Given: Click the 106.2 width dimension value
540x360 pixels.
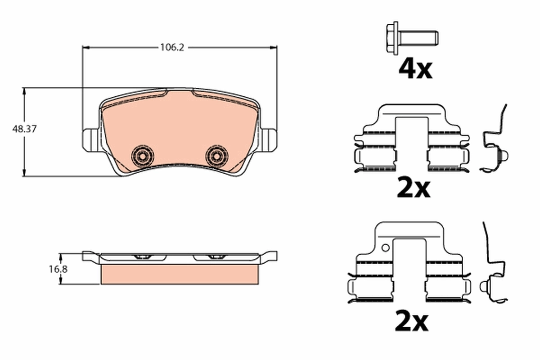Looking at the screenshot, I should point(172,47).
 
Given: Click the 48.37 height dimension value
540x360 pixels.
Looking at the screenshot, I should point(24,129).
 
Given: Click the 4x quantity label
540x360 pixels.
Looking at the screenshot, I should point(415,69).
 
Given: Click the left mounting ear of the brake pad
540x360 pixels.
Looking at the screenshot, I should point(90,139).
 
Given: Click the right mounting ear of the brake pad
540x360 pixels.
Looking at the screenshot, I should point(269,139).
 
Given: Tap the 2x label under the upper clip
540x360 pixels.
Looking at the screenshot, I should point(414,189).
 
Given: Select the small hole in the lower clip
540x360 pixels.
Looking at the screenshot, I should point(385,247).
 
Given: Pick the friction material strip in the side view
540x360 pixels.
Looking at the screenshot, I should point(180,274).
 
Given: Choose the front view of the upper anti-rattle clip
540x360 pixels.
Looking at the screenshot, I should point(412,139).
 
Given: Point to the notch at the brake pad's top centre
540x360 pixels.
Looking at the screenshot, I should point(180,92).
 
